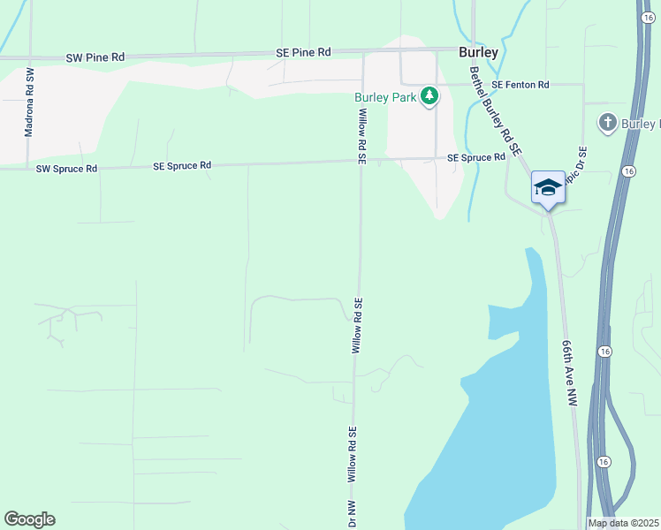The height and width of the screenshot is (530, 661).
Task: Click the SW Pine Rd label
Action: [x=95, y=57]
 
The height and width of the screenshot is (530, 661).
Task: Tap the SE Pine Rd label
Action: [x=303, y=52]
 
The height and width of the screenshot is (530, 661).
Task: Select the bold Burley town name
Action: [x=478, y=52]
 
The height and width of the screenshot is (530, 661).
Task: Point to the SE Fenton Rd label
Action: [x=520, y=85]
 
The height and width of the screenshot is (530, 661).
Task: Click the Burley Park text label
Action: [x=385, y=97]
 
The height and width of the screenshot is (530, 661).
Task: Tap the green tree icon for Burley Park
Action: [x=429, y=95]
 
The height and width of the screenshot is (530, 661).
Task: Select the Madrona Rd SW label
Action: [x=29, y=102]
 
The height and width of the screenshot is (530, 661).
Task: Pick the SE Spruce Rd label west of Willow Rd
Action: [x=182, y=165]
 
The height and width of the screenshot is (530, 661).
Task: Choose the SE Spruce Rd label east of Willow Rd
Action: [x=475, y=157]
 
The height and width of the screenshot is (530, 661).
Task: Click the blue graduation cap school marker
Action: [x=548, y=187]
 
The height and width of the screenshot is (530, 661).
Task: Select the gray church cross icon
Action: [x=607, y=123]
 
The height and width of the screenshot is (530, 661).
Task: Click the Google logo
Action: [x=29, y=519]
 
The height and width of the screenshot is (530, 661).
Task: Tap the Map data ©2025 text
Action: [x=623, y=523]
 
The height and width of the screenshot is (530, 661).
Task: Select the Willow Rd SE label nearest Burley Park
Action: [x=361, y=135]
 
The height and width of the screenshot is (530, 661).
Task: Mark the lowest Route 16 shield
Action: [x=604, y=462]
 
